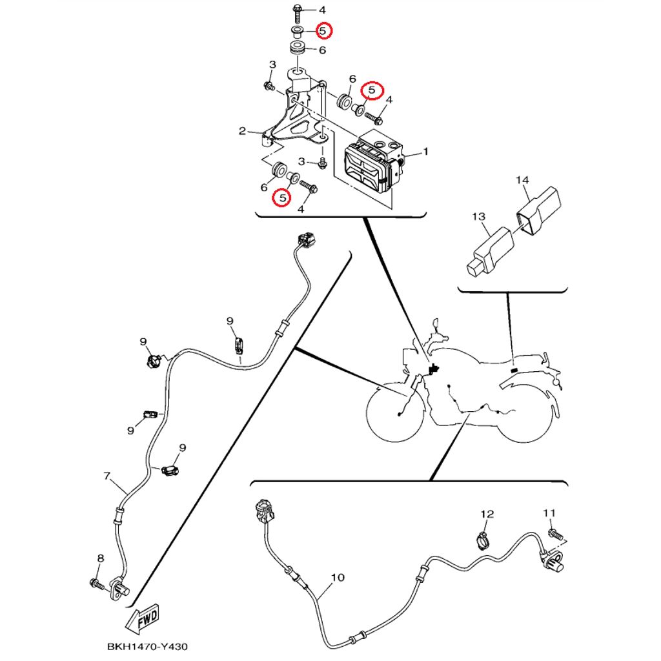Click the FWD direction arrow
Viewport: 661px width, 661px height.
144,619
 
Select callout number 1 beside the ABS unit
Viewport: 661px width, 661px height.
425,152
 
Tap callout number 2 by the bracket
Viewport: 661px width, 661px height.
242,132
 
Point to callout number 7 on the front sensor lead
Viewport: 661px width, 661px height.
107,476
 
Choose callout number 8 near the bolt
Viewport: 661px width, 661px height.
100,558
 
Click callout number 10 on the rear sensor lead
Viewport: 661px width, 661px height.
338,578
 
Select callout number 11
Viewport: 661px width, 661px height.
549,513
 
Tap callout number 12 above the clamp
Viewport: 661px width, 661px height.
487,514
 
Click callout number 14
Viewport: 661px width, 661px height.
522,180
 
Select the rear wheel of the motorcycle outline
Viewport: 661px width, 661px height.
525,413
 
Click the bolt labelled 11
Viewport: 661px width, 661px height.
555,534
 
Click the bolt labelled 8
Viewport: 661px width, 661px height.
97,584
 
